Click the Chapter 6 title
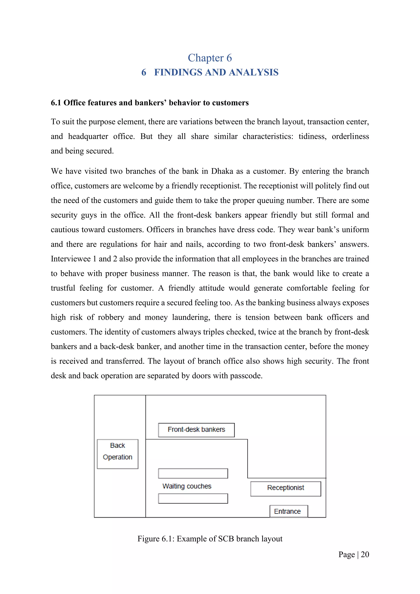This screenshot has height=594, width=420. pyautogui.click(x=210, y=58)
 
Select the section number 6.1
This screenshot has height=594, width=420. pyautogui.click(x=56, y=103)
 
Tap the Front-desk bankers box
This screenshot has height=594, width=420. pyautogui.click(x=196, y=430)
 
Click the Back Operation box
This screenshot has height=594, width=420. pyautogui.click(x=118, y=454)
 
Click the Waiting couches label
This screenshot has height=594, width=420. pyautogui.click(x=187, y=486)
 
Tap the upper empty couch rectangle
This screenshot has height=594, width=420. pyautogui.click(x=193, y=473)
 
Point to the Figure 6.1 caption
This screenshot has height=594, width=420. pyautogui.click(x=210, y=539)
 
